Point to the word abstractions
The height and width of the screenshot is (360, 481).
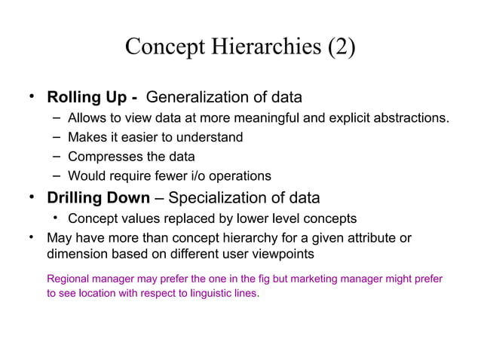(413, 118)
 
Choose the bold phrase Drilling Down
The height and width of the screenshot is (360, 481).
(98, 199)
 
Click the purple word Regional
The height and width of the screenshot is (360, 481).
(69, 279)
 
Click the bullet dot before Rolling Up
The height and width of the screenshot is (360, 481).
(32, 98)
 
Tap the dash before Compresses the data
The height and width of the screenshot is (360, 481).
(57, 157)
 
